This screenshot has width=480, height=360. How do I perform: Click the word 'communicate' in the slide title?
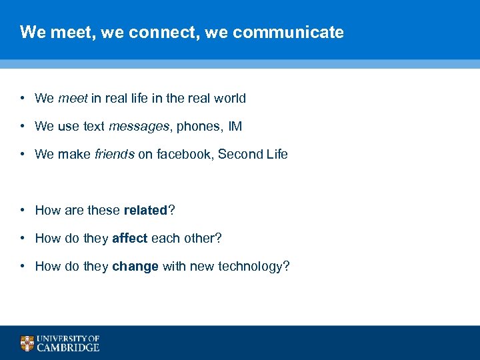pos(289,32)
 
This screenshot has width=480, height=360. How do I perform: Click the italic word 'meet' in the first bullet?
pos(73,99)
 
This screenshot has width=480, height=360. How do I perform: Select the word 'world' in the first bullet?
pos(230,99)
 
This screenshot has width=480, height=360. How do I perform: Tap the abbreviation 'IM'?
pos(235,127)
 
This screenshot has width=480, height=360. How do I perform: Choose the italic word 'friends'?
pos(115,155)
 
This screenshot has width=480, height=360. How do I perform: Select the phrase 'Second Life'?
pos(253,155)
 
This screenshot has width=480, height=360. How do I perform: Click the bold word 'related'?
pos(145,211)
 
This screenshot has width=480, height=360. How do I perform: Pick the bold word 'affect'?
pos(130,239)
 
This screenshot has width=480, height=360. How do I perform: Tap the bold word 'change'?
pos(135,267)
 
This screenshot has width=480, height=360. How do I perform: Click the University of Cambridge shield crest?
pos(27,343)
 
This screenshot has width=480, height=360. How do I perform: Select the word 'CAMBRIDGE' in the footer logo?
pos(68,347)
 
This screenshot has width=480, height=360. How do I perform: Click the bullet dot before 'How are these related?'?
pos(22,211)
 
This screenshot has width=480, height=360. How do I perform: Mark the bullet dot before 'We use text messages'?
pos(22,127)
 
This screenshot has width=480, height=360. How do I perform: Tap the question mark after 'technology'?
pos(287,267)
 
